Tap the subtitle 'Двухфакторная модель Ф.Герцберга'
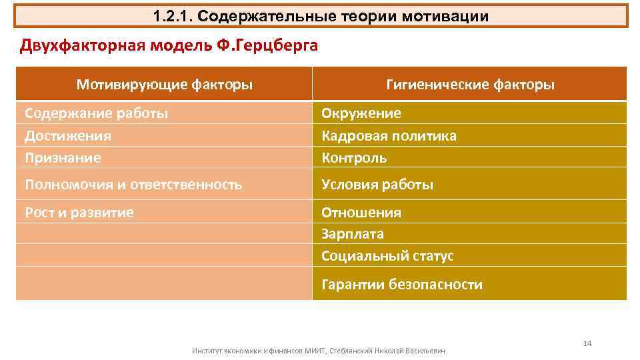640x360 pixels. pos(169,45)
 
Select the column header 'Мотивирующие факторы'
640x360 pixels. pos(164,85)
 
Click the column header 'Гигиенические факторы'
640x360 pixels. pos(471,85)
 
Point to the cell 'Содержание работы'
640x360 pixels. pos(97,113)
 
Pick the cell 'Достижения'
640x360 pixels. pos(68,136)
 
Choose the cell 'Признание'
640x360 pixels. pos(63,158)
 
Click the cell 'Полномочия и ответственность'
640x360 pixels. pos(133,185)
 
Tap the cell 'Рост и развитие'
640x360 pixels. pos(79,213)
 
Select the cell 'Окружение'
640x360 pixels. pos(361,113)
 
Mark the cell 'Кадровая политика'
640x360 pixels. pos(389,136)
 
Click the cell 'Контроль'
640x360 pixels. pos(354,158)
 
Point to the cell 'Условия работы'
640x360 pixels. pos(377,185)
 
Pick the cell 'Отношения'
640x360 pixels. pos(361,213)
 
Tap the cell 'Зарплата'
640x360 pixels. pos(353,234)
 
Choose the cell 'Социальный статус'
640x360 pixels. pos(387,256)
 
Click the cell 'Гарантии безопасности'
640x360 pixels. pos(402,285)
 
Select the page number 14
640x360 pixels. pos(587,343)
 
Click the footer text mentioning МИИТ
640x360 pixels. pos(318,350)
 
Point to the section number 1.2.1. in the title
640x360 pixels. pos(173,16)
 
